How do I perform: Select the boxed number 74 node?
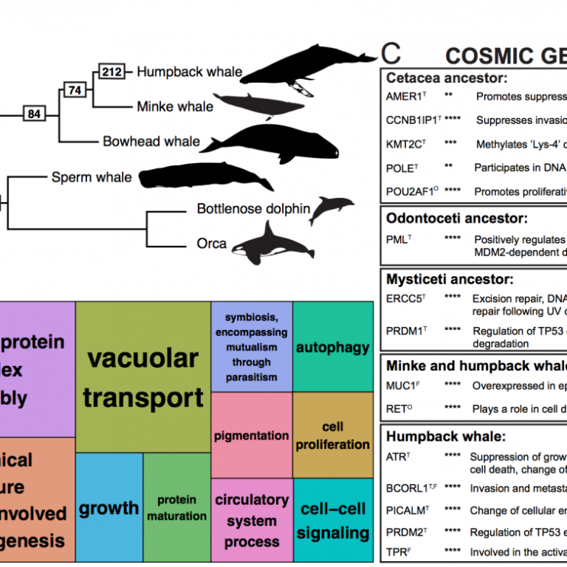(x=75, y=90)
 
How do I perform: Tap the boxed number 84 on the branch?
(x=34, y=114)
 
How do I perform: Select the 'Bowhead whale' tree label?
(x=151, y=141)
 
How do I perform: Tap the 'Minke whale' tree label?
(x=175, y=107)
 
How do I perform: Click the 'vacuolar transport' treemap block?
(x=143, y=377)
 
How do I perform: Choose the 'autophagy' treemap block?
(x=332, y=347)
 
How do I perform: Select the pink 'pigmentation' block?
(x=252, y=435)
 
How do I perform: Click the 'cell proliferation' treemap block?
(x=333, y=436)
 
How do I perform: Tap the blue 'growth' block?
(x=109, y=508)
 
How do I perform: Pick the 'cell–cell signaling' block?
(x=334, y=520)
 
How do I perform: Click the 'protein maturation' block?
(x=176, y=507)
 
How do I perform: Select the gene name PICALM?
(x=406, y=510)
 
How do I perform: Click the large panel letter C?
(x=391, y=52)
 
